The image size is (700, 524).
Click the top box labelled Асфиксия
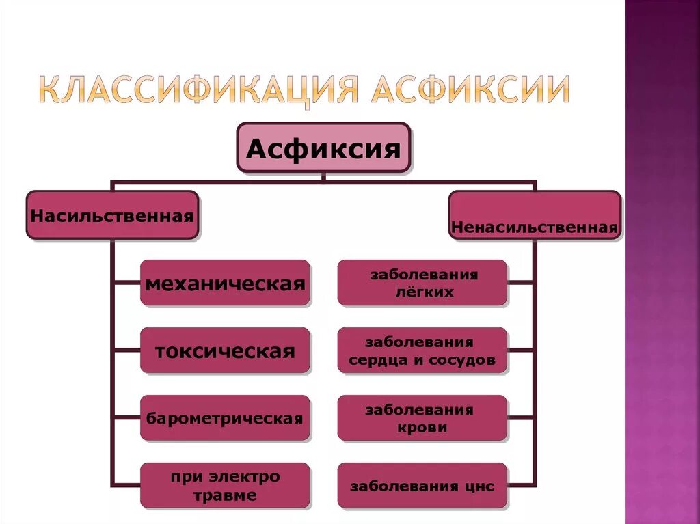(x=323, y=148)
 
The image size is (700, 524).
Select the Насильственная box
(x=112, y=215)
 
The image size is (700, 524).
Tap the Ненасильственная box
(x=535, y=215)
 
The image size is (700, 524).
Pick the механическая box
(x=225, y=282)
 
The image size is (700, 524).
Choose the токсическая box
(x=225, y=350)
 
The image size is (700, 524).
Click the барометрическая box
(x=225, y=417)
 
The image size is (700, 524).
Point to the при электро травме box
(x=225, y=486)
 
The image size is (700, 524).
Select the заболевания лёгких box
(x=422, y=282)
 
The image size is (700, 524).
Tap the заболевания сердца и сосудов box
(x=422, y=350)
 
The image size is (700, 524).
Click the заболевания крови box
(x=422, y=418)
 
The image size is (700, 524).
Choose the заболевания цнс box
(x=422, y=486)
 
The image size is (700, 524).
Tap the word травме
(x=225, y=495)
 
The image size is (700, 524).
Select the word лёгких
(x=424, y=292)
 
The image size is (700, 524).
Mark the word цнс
(x=478, y=486)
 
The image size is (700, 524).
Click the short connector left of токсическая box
(x=126, y=350)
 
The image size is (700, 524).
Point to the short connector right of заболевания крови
(x=522, y=418)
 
